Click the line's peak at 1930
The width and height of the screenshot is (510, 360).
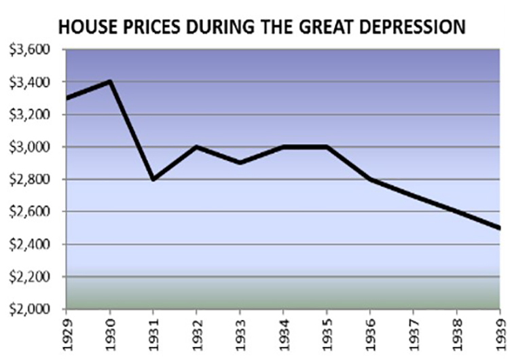pyautogui.click(x=109, y=82)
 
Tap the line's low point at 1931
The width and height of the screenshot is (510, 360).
pyautogui.click(x=153, y=179)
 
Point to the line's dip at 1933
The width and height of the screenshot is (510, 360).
pyautogui.click(x=240, y=163)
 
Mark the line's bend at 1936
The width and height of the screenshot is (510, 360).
pyautogui.click(x=371, y=179)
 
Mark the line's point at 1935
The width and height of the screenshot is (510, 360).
pyautogui.click(x=327, y=147)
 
